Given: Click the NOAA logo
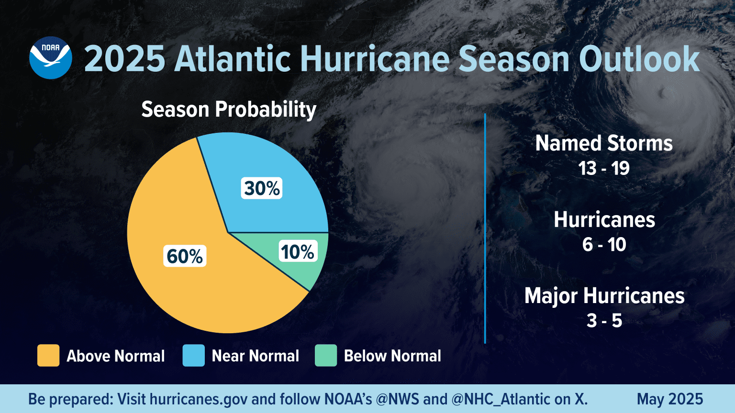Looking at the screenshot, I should [50, 58].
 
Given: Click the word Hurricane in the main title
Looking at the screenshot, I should [375, 59].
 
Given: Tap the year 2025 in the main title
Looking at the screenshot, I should [124, 59].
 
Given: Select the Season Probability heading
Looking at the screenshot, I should [229, 109].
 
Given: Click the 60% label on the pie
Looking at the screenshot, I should [185, 256].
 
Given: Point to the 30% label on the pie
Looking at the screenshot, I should [262, 188].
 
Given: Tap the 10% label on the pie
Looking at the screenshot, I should [297, 252].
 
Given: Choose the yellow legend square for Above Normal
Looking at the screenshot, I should [48, 356].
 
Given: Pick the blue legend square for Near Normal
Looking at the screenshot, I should [193, 356].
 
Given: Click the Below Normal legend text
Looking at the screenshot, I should [392, 356].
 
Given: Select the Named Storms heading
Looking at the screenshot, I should [604, 143].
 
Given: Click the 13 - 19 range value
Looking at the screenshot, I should [604, 168].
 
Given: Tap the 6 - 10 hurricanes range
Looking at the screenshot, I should [604, 245].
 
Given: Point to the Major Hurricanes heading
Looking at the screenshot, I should [604, 296].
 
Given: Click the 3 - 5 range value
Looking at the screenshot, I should [604, 321].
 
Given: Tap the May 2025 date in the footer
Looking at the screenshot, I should [670, 399].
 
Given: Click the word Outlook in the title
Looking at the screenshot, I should [639, 59].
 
